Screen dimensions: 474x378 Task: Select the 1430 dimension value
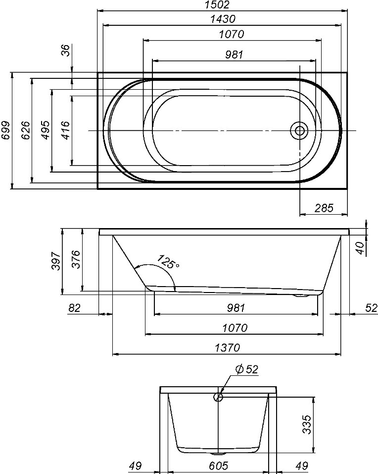tap(223, 19)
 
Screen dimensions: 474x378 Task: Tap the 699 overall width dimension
tap(5, 130)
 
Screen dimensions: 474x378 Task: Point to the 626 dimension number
tap(26, 130)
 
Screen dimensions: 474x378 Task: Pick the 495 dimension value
tap(46, 130)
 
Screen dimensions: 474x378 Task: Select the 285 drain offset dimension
tap(324, 208)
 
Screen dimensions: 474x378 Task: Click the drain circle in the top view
tap(300, 131)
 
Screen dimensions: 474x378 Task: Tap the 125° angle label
tap(168, 262)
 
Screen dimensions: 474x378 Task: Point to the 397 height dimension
tap(55, 261)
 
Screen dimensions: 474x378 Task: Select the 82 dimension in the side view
tap(74, 308)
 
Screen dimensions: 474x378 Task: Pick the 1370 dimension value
tap(227, 347)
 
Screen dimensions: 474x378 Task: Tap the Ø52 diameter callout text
tap(247, 369)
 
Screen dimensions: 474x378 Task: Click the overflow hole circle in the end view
tap(218, 397)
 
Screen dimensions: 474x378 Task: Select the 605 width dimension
tap(218, 466)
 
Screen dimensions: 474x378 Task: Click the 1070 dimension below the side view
tap(235, 328)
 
